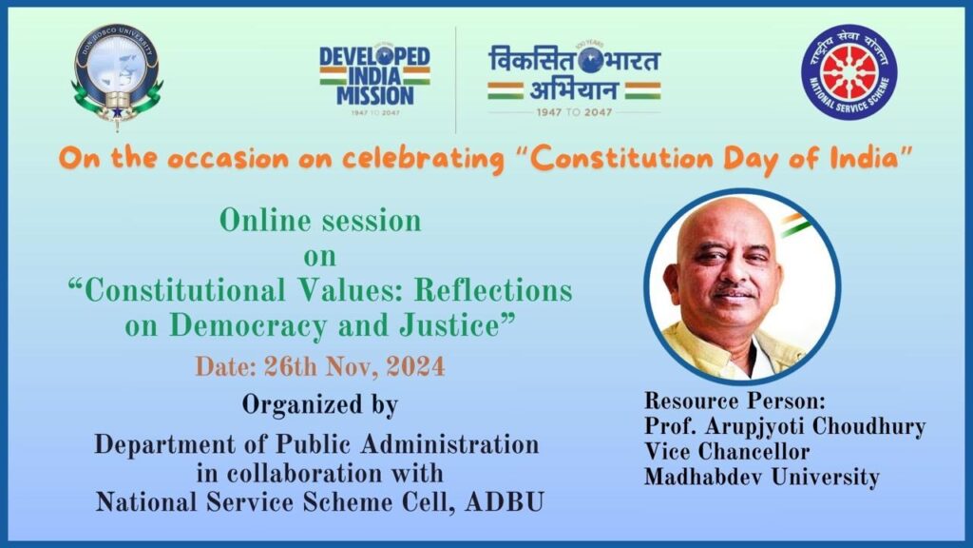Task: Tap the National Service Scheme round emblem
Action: click(x=849, y=72)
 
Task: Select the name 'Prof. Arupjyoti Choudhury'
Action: click(x=784, y=426)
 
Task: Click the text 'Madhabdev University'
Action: click(x=761, y=478)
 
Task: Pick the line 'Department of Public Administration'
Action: click(x=316, y=444)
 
